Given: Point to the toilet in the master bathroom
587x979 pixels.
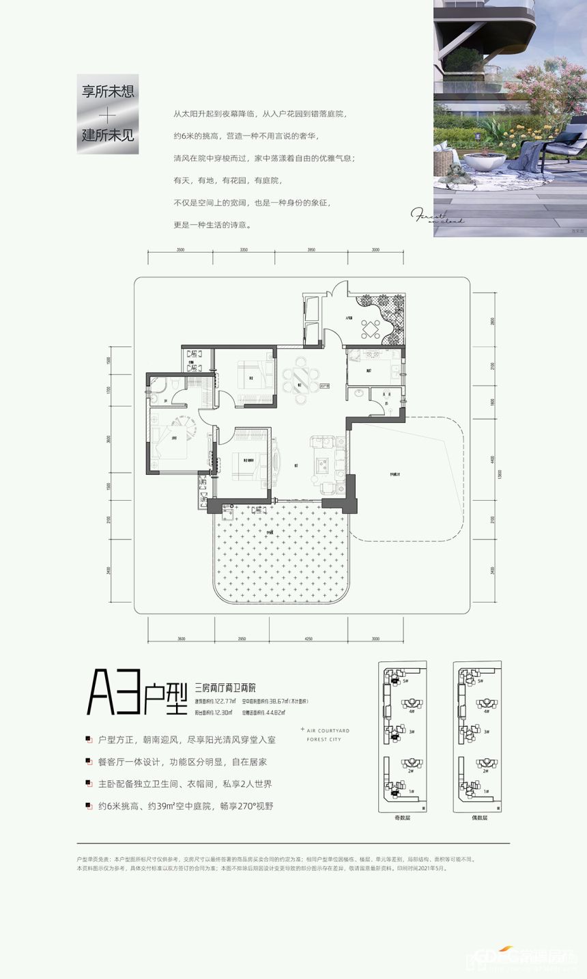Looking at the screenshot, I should point(158,387).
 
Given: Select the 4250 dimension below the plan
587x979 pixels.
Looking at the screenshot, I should point(309,638).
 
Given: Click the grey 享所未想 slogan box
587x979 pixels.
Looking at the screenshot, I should point(107,113).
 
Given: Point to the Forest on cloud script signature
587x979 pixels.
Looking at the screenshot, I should point(437,216).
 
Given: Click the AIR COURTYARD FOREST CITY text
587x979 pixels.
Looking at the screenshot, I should point(328,735).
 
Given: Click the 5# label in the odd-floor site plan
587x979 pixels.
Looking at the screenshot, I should point(405,681).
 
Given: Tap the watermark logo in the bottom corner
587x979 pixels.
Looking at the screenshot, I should point(526,959).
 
